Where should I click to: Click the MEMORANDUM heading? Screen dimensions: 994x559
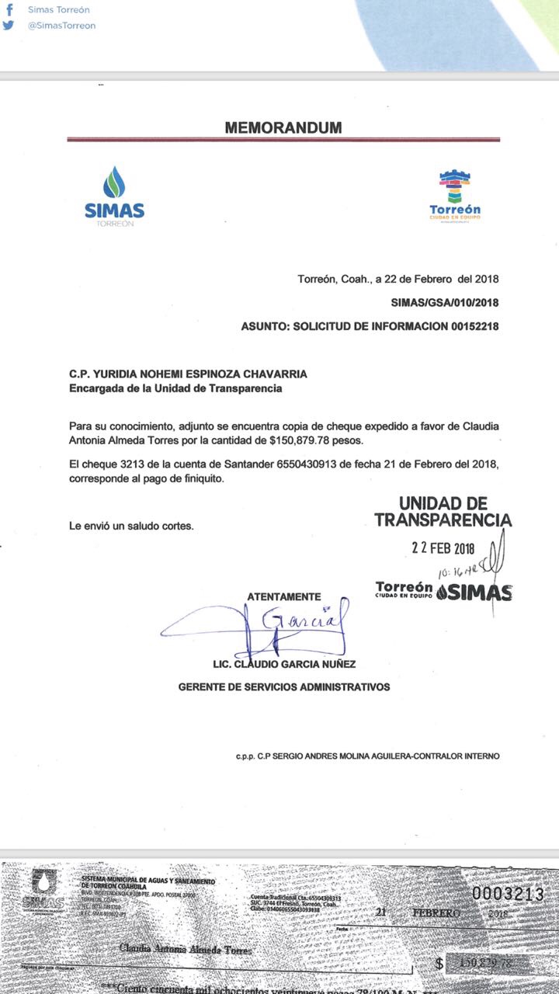click(x=283, y=128)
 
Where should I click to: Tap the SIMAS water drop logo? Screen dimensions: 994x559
click(x=114, y=182)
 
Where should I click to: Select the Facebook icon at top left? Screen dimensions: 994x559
click(x=9, y=10)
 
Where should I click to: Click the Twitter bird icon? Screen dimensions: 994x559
click(x=9, y=26)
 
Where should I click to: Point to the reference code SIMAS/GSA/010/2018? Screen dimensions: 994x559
click(x=445, y=302)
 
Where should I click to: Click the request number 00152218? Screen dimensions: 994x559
click(x=474, y=327)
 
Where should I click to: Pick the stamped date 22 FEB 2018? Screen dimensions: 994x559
click(x=443, y=547)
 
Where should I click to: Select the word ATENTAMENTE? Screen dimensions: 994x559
click(x=283, y=596)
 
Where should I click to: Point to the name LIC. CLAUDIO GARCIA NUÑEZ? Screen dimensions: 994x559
click(x=284, y=665)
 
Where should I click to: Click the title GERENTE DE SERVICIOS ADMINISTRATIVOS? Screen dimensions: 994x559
click(x=284, y=687)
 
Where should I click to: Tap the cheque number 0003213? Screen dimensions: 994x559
click(x=508, y=895)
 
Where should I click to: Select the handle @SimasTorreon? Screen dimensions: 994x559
click(x=61, y=26)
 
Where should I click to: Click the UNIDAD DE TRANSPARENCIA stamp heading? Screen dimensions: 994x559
click(x=443, y=512)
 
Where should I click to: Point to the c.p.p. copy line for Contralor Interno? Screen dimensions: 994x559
click(x=368, y=756)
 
